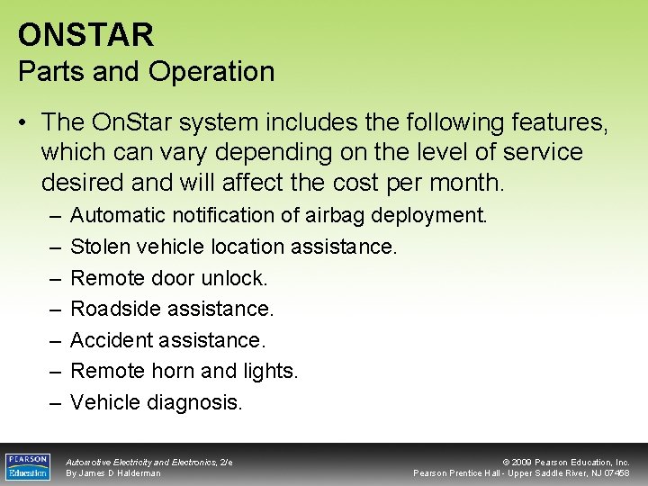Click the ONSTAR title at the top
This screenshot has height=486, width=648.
tap(85, 35)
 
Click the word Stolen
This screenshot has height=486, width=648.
tap(100, 246)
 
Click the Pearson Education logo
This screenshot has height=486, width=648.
tap(29, 466)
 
